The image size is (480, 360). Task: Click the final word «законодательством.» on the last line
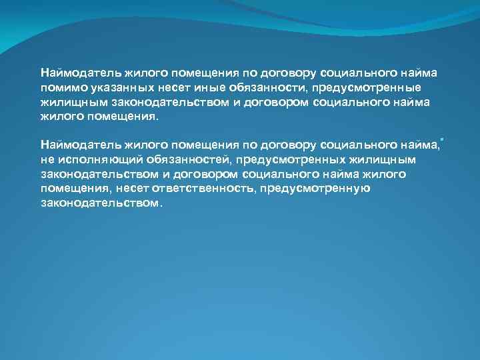[101, 203]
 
